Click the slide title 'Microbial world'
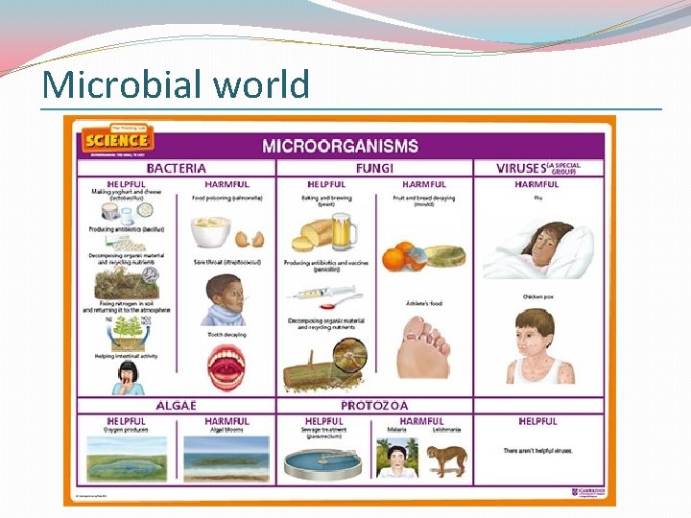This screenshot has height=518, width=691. click(x=176, y=84)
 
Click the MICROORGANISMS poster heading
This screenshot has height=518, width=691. click(x=341, y=146)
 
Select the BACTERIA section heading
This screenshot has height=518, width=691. click(x=176, y=169)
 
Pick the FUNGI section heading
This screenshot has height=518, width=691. click(x=374, y=169)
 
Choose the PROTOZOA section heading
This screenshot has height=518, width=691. click(x=374, y=405)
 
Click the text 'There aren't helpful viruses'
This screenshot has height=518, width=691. click(x=537, y=450)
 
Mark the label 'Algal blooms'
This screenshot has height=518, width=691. click(x=226, y=430)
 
